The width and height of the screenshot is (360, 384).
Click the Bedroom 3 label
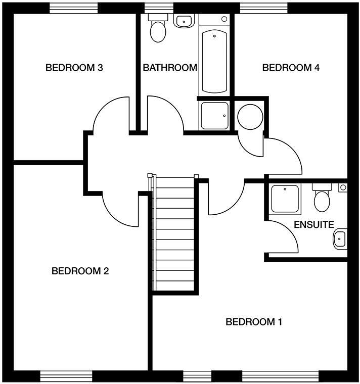pos(74,68)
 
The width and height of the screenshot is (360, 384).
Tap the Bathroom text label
pos(169,68)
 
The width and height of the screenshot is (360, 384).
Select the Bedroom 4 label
pos(291,68)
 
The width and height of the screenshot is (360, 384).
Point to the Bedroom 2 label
pos(80,271)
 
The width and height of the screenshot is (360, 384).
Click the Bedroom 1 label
pos(254,322)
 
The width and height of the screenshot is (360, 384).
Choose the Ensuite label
pos(314,224)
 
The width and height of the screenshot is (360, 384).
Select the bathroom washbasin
pos(185,21)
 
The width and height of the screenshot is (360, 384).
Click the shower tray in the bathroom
pos(214,116)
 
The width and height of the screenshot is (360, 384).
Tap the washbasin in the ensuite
pos(341,238)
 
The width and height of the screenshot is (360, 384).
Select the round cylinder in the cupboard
pos(250,117)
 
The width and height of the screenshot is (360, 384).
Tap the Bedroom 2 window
pos(67,376)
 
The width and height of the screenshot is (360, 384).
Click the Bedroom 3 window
pos(74,8)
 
